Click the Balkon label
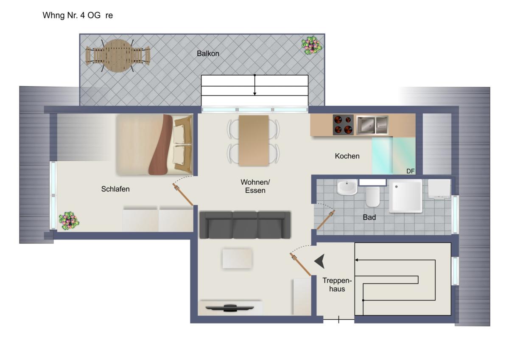pyautogui.click(x=208, y=53)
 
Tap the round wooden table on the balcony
pyautogui.click(x=118, y=56)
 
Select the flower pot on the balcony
pyautogui.click(x=311, y=45)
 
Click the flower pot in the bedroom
pyautogui.click(x=69, y=221)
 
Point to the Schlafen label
pyautogui.click(x=115, y=189)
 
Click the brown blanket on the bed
pyautogui.click(x=160, y=145)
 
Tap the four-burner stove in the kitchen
pyautogui.click(x=343, y=125)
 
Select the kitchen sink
pyautogui.click(x=372, y=125)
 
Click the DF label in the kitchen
pyautogui.click(x=411, y=171)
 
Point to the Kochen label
pyautogui.click(x=347, y=156)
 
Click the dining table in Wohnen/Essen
pyautogui.click(x=254, y=141)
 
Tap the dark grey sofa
pyautogui.click(x=245, y=225)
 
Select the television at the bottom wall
pyautogui.click(x=229, y=308)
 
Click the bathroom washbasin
pyautogui.click(x=347, y=187)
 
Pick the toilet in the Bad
pyautogui.click(x=372, y=197)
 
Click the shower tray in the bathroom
pyautogui.click(x=406, y=196)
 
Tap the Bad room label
pyautogui.click(x=369, y=217)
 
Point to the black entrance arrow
pyautogui.click(x=319, y=262)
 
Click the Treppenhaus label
pyautogui.click(x=337, y=284)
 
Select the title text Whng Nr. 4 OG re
pyautogui.click(x=78, y=15)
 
